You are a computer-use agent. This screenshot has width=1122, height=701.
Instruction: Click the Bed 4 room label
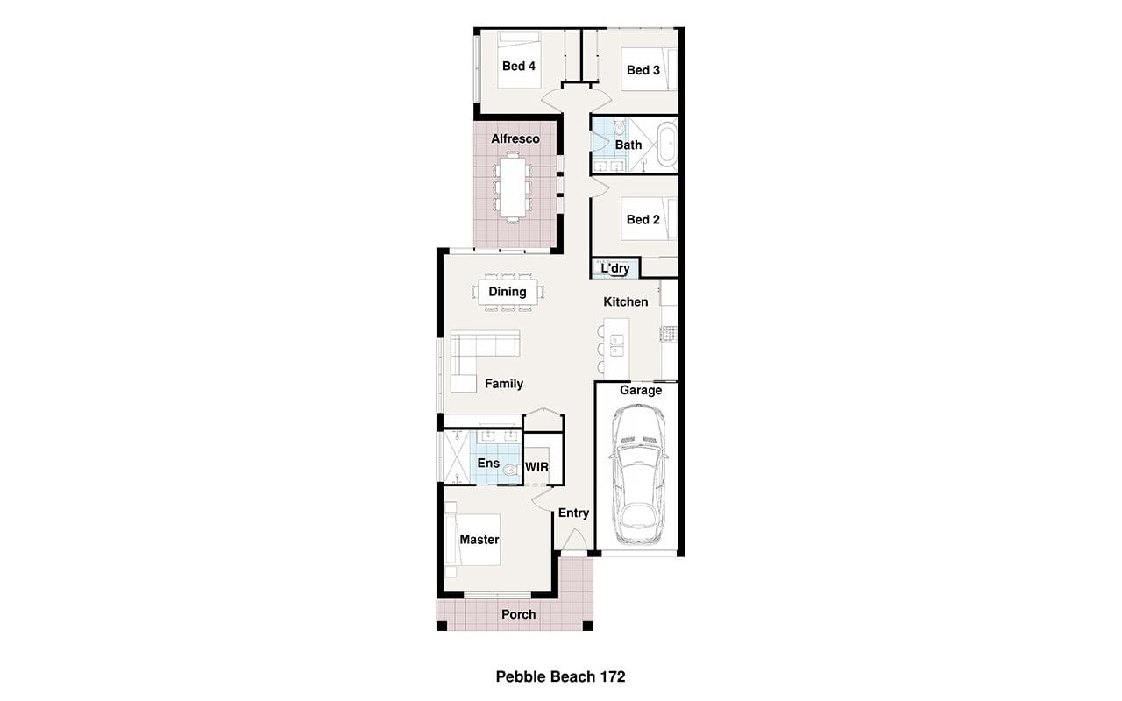coord(518,66)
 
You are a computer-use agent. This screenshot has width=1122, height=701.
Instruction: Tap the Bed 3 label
coord(643,70)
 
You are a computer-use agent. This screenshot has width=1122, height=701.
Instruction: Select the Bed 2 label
coord(643,219)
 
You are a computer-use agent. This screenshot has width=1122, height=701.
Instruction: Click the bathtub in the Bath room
coord(667,145)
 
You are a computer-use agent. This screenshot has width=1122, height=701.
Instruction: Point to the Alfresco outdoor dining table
coord(513,187)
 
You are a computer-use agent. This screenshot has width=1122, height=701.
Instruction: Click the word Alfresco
coord(515,138)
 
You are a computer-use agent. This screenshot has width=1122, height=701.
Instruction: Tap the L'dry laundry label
coord(615,268)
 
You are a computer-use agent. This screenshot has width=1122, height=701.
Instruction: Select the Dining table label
coord(508,292)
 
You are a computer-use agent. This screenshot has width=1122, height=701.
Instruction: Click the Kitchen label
coord(626,302)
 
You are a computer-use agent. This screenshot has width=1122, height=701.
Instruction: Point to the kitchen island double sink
coord(616,345)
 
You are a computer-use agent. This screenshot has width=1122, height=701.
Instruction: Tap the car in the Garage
coord(639,474)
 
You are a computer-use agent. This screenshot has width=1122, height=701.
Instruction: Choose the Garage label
coord(641,390)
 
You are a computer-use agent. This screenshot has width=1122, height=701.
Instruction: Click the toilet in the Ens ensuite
coord(511,470)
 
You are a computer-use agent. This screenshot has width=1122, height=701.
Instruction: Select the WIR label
coord(537,467)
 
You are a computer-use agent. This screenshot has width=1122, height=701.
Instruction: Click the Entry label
coord(573,513)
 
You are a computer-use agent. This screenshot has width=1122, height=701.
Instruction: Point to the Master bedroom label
coord(479,540)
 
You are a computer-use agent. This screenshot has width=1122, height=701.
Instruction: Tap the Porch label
coord(518,614)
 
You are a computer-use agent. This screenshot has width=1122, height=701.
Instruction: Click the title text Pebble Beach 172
coord(560,677)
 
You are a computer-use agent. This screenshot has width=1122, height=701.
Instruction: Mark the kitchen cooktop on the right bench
coord(669,334)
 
